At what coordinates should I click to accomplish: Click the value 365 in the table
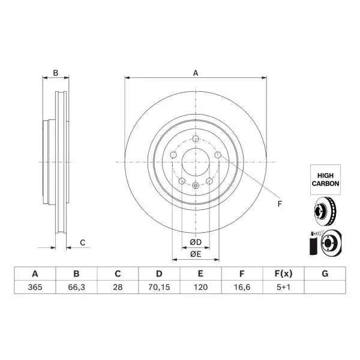35,287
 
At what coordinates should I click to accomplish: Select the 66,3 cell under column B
76,287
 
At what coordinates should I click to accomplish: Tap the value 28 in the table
118,287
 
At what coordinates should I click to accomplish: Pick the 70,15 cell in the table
159,287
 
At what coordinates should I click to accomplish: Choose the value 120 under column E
200,287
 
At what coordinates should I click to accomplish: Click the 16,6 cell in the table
242,287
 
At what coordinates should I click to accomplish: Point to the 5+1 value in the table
284,287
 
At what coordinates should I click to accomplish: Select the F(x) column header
284,274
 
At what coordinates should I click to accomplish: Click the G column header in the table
325,274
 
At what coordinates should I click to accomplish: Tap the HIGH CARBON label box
325,179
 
